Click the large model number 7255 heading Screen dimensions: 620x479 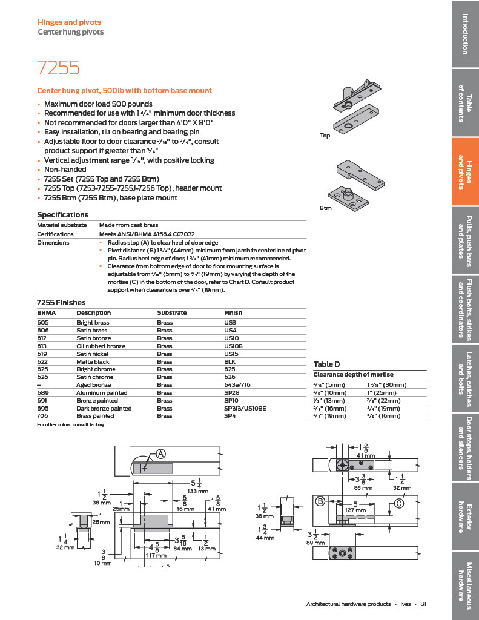pyautogui.click(x=58, y=68)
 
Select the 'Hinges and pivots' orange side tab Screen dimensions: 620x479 pyautogui.click(x=464, y=171)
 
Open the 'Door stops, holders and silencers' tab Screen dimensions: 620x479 pyautogui.click(x=464, y=448)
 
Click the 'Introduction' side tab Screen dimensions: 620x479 pyautogui.click(x=464, y=33)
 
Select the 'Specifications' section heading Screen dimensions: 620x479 pyautogui.click(x=63, y=215)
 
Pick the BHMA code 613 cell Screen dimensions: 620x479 pyautogui.click(x=42, y=346)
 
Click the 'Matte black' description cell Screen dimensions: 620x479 pyautogui.click(x=91, y=361)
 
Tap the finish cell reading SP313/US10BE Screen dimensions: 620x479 pyautogui.click(x=245, y=409)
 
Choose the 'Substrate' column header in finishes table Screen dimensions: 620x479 pyautogui.click(x=171, y=313)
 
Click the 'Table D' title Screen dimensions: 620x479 pyautogui.click(x=327, y=364)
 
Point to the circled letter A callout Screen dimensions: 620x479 pyautogui.click(x=161, y=454)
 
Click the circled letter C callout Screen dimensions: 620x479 pyautogui.click(x=399, y=503)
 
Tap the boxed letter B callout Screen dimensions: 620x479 pyautogui.click(x=320, y=501)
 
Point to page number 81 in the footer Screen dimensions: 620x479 pyautogui.click(x=423, y=604)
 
